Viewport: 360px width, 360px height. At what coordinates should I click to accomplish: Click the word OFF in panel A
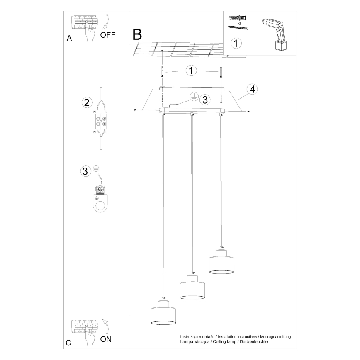coord(108,35)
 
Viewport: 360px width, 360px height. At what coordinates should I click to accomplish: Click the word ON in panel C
coord(106,339)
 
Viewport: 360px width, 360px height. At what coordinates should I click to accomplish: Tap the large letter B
coord(137,34)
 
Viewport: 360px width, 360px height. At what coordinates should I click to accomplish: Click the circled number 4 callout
coord(252,89)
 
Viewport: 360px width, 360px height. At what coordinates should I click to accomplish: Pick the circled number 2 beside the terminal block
coord(87,103)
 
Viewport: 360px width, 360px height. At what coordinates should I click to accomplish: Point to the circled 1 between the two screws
coord(191,71)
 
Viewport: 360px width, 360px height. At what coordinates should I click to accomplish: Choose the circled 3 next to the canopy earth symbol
coord(204,100)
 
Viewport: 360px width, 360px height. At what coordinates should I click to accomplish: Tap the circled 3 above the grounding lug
coord(85,171)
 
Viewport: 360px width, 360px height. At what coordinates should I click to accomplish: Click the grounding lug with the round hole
coord(100,203)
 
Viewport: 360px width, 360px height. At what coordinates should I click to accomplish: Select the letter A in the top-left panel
coord(69,39)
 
